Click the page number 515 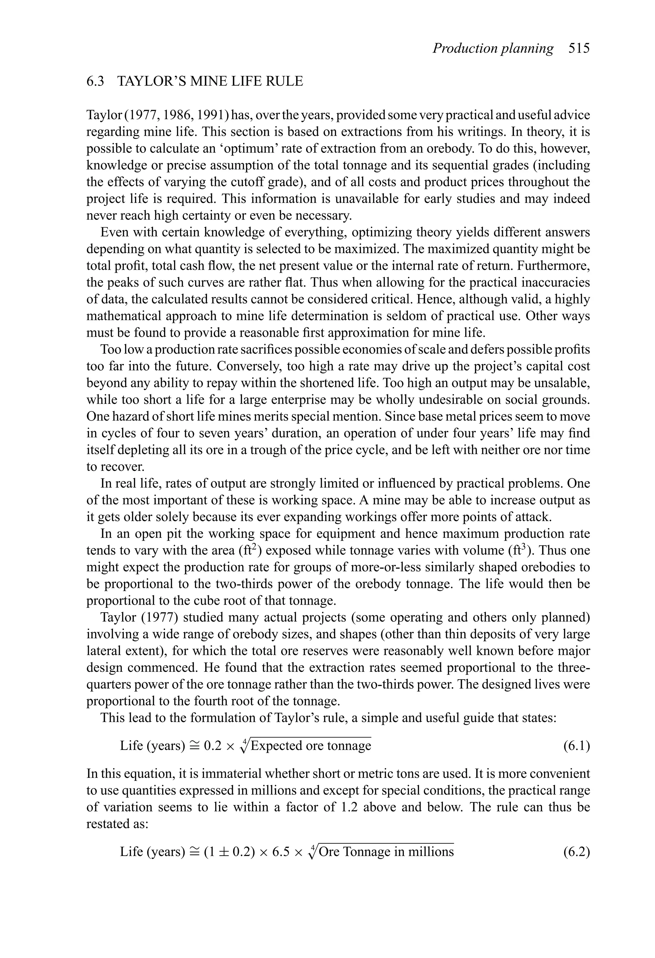tap(579, 49)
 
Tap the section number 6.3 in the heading tap(95, 81)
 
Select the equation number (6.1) tap(576, 746)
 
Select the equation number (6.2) tap(576, 852)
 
